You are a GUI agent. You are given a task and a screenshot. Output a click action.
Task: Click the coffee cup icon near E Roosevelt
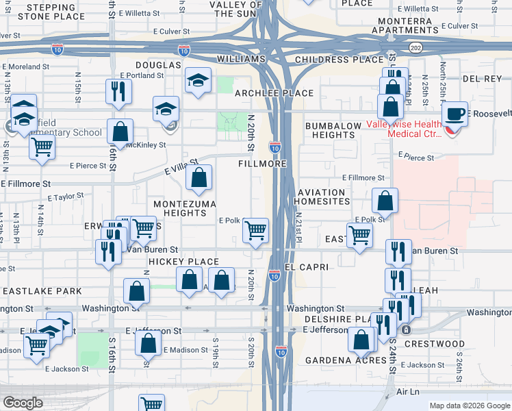coord(455,114)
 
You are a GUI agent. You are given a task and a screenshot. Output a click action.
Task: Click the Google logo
coord(23,403)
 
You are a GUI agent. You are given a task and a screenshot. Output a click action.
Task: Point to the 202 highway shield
coord(415,47)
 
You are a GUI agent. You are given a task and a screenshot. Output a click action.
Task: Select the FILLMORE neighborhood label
coord(261,164)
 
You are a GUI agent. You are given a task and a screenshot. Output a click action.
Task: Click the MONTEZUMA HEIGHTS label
coord(185,208)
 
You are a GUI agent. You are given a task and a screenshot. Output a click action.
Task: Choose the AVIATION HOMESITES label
coord(322,197)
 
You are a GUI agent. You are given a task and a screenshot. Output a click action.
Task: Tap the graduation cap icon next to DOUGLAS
coord(198,81)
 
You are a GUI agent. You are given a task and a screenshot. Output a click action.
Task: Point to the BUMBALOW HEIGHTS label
coord(330,131)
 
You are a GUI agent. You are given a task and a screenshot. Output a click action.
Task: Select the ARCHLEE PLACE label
coord(274,93)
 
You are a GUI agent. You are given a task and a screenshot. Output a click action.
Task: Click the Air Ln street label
coord(407,393)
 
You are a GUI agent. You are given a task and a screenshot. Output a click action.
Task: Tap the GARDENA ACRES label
coord(337,360)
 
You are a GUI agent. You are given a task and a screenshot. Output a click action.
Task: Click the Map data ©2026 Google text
coord(469,406)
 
